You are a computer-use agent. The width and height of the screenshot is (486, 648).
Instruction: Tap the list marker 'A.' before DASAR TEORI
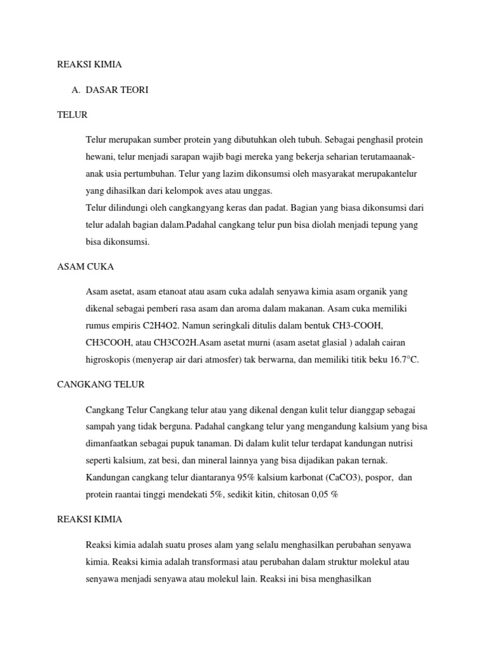(77, 90)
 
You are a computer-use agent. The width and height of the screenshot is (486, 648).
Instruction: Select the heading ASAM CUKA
(85, 267)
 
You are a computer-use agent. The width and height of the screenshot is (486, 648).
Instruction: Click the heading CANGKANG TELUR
(101, 384)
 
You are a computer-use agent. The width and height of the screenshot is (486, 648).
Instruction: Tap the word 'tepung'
(378, 225)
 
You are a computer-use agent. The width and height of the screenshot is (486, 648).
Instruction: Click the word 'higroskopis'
(108, 359)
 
